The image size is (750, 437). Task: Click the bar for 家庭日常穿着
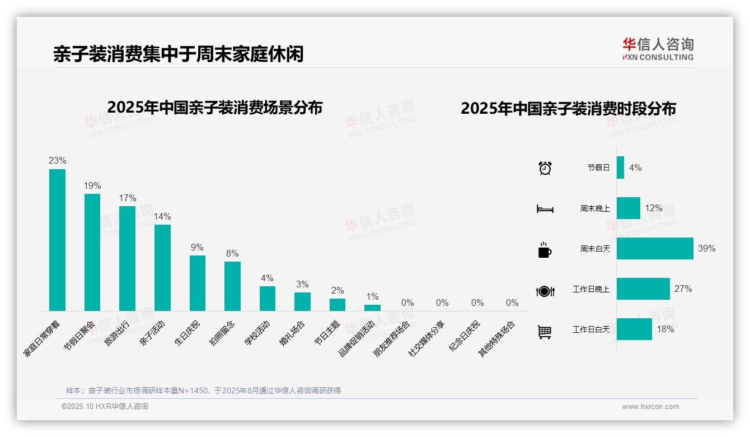(57, 240)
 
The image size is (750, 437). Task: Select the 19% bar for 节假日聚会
(92, 252)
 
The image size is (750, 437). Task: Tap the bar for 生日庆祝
(198, 283)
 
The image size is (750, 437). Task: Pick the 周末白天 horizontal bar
(655, 248)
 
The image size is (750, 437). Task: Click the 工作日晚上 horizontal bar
(643, 289)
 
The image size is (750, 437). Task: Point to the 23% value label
(57, 161)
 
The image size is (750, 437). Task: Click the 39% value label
(706, 248)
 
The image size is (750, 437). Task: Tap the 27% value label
(683, 289)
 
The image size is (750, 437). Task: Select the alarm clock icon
(545, 168)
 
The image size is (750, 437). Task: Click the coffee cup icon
(545, 250)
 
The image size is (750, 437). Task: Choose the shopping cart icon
(545, 332)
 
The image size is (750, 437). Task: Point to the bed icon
(545, 209)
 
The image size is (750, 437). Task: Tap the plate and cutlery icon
(545, 291)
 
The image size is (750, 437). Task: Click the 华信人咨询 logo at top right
(658, 49)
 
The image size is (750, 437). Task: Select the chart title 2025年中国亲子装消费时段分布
(568, 108)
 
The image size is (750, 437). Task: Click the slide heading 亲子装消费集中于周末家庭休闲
(178, 54)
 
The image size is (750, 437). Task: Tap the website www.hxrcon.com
(650, 407)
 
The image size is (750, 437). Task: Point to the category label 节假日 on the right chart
(598, 168)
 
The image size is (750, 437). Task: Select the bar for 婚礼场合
(302, 301)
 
